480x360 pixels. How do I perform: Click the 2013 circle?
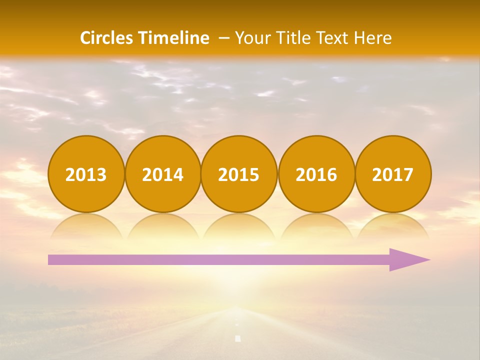tap(86, 174)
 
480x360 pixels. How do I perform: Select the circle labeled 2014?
tap(163, 174)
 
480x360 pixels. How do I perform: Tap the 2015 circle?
tap(239, 174)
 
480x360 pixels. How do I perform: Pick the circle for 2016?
tap(316, 174)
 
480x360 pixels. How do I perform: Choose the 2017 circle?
tap(393, 174)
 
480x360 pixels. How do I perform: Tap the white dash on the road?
tap(238, 338)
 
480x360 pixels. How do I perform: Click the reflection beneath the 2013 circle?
tap(86, 227)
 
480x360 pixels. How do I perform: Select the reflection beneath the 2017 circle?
tap(393, 227)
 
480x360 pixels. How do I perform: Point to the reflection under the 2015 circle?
tap(239, 227)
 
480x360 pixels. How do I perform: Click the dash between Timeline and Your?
tap(224, 38)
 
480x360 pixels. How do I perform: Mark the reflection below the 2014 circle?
tap(163, 227)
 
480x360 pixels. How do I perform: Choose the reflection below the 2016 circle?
tap(316, 227)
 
